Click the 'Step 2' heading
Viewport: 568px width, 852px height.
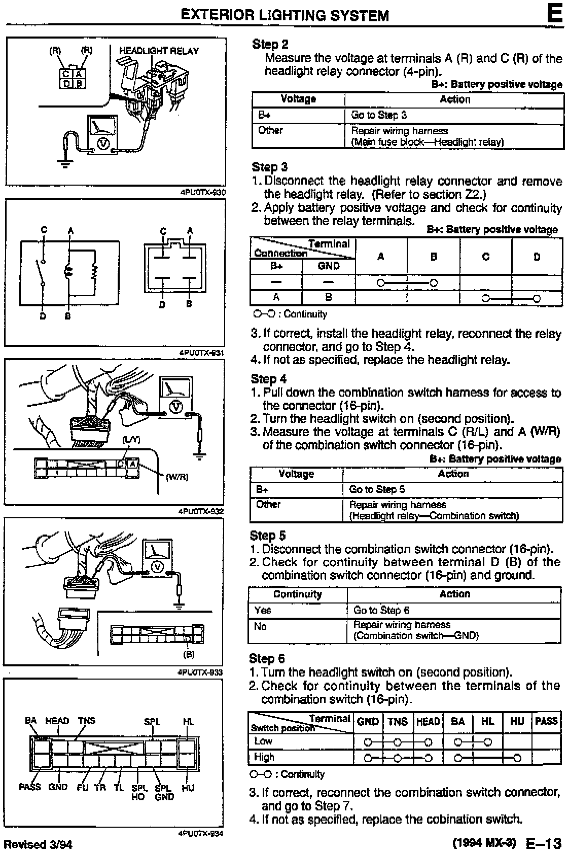click(270, 45)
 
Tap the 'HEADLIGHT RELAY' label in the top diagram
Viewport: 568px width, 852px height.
click(159, 51)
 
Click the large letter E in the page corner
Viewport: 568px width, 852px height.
click(555, 14)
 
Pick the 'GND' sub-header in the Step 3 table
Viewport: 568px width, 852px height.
click(328, 266)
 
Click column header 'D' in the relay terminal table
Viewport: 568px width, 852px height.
click(537, 257)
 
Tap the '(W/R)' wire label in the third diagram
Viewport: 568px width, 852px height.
click(177, 477)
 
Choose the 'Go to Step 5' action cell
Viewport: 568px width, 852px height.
click(377, 489)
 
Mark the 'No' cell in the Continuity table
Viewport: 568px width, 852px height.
click(260, 626)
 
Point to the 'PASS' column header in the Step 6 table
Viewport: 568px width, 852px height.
click(546, 721)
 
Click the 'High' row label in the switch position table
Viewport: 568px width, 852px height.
click(264, 757)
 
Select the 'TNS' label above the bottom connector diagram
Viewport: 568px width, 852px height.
click(86, 721)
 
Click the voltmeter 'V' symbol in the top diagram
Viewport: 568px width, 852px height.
click(103, 144)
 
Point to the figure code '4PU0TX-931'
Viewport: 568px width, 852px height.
click(201, 352)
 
